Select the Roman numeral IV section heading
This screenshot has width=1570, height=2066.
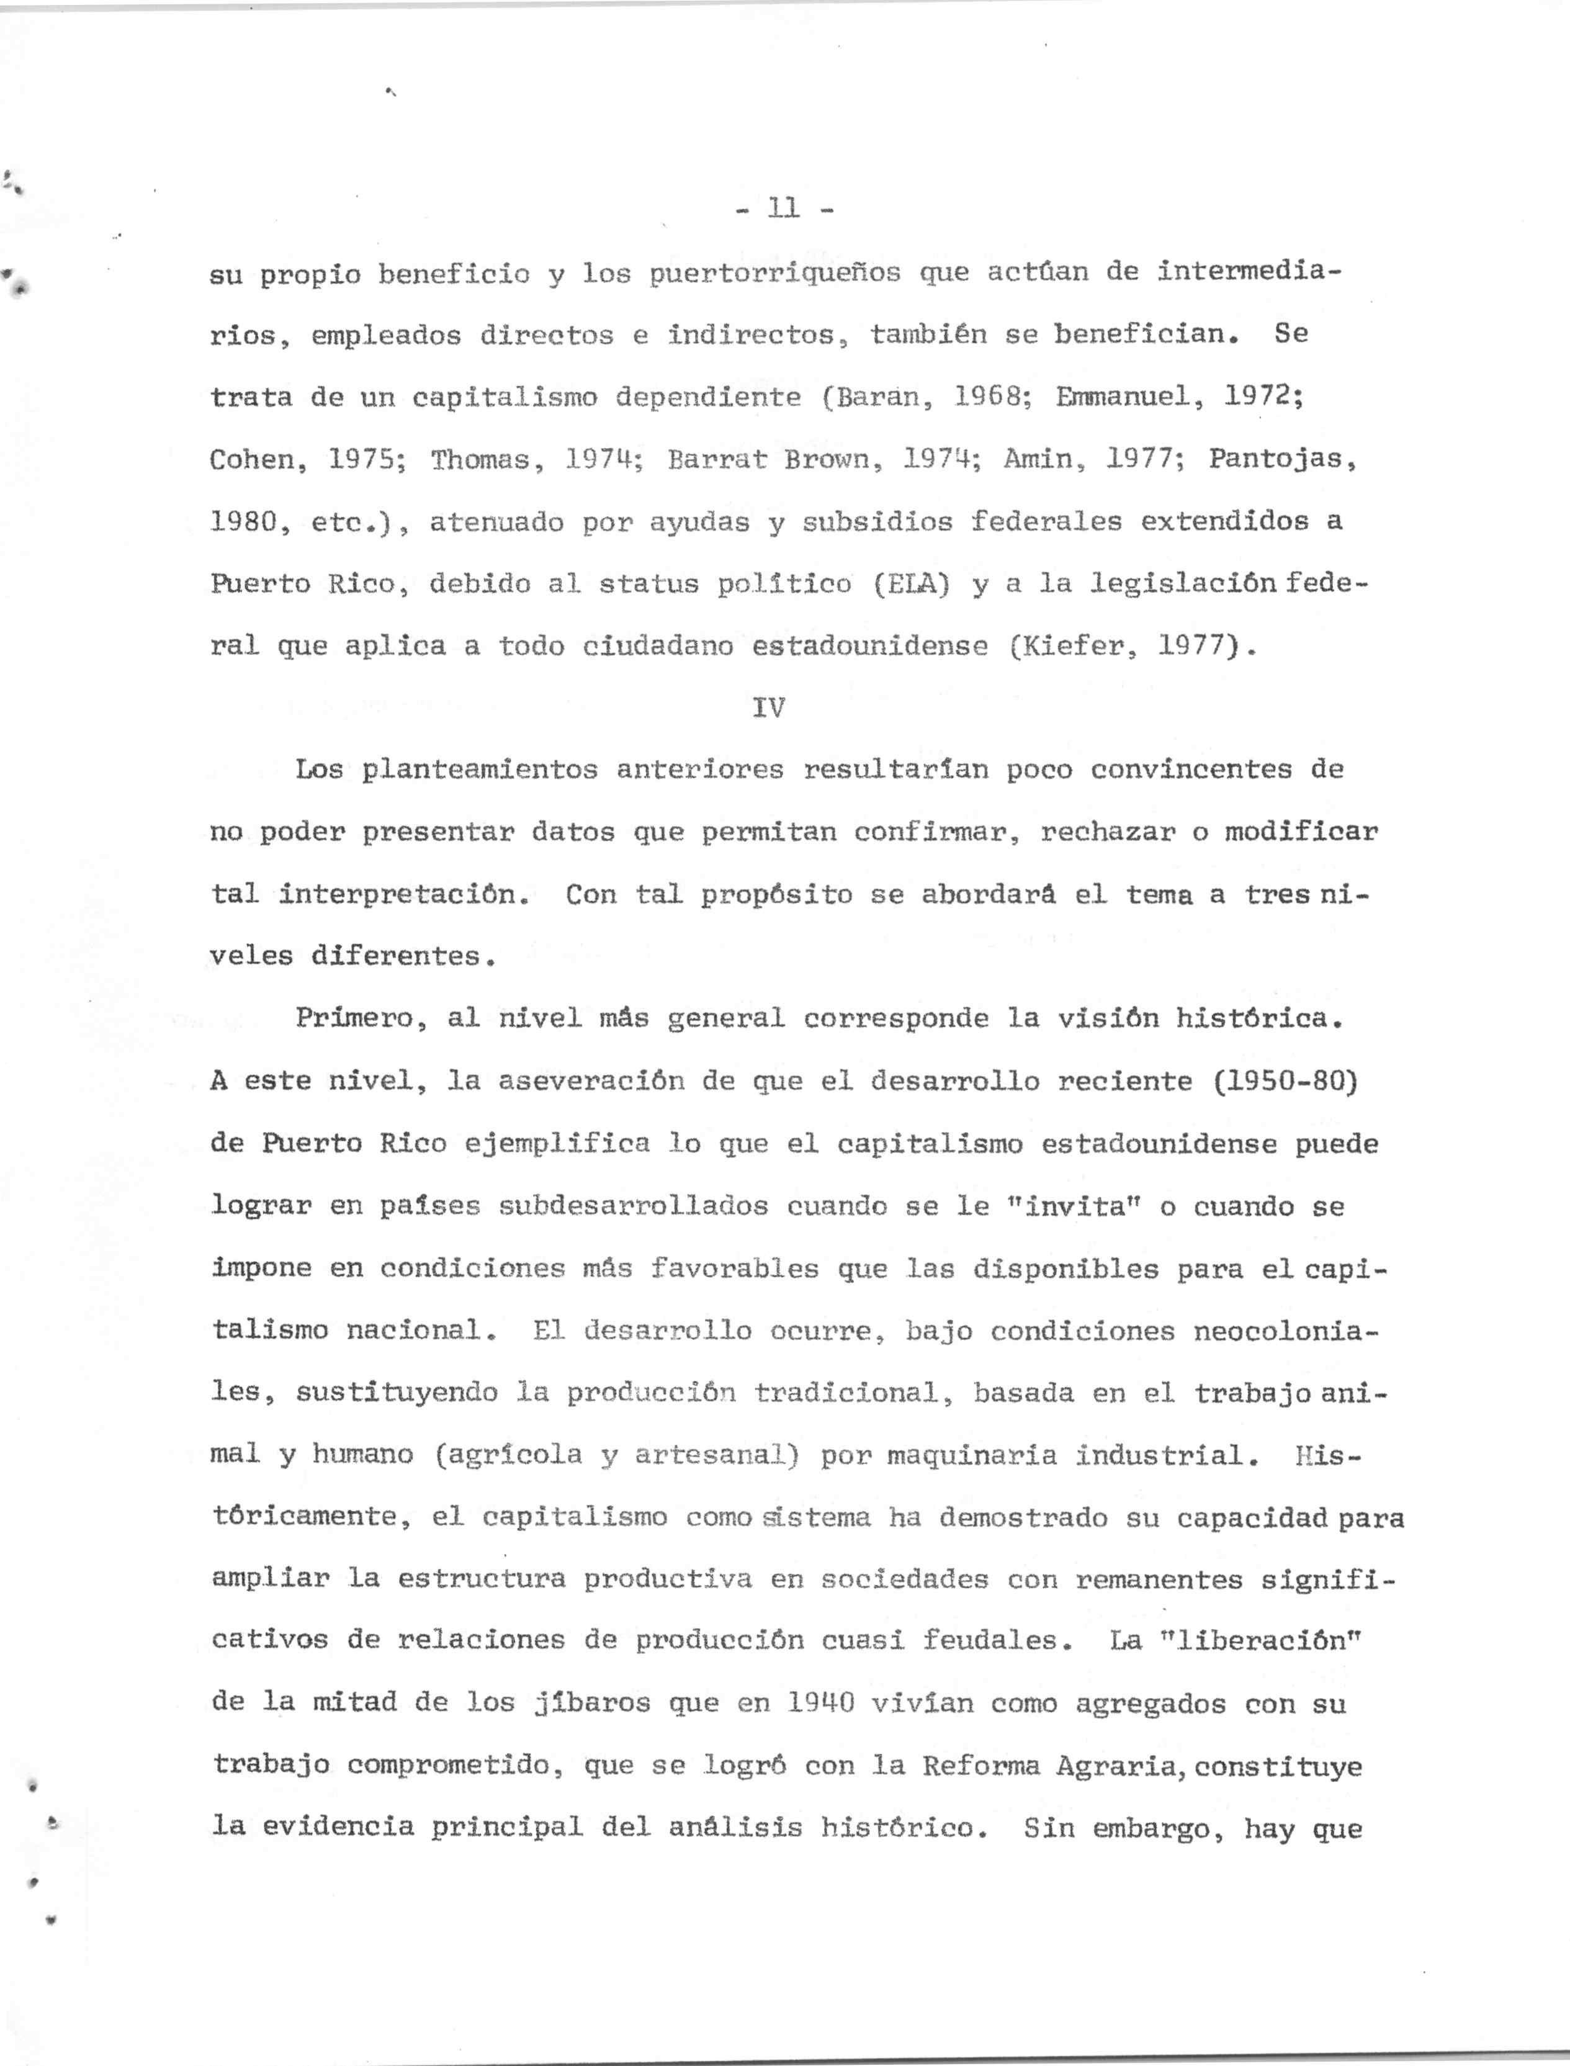(768, 707)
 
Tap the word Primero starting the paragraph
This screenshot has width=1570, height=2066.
(354, 1018)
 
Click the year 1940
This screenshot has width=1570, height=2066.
(820, 1702)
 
